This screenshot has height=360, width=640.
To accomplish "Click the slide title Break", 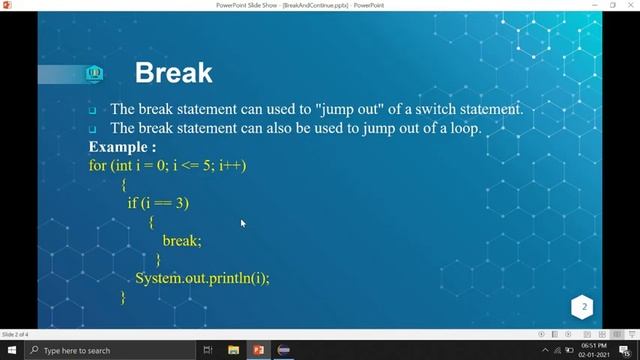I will click(x=173, y=72).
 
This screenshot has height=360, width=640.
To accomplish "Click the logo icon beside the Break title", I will click(x=95, y=73).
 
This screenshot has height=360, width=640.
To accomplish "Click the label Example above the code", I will click(x=122, y=147).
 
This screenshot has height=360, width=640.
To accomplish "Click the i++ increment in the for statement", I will click(x=232, y=165).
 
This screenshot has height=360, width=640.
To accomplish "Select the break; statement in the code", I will click(x=182, y=241).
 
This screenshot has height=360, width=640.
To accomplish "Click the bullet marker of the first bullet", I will click(x=92, y=110).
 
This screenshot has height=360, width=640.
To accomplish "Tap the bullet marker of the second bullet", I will click(x=92, y=129).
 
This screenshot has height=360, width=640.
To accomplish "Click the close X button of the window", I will click(x=628, y=6).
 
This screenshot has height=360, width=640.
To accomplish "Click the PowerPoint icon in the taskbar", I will click(x=257, y=350).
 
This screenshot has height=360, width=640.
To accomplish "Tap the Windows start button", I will click(x=11, y=350).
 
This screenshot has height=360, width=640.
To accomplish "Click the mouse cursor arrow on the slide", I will click(x=242, y=223).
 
